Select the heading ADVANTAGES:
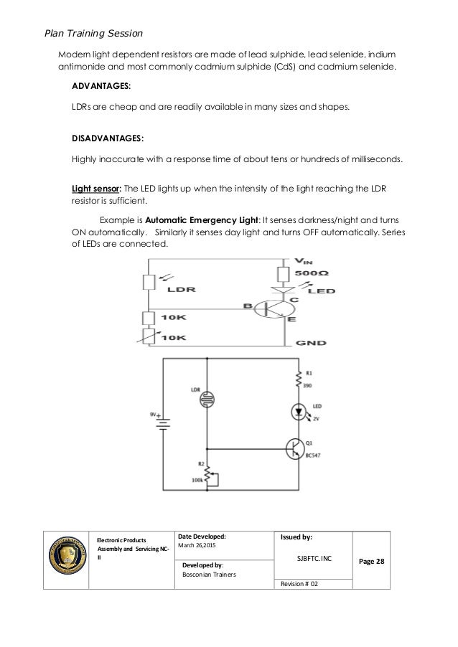click(101, 85)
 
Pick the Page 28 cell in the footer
click(371, 559)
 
